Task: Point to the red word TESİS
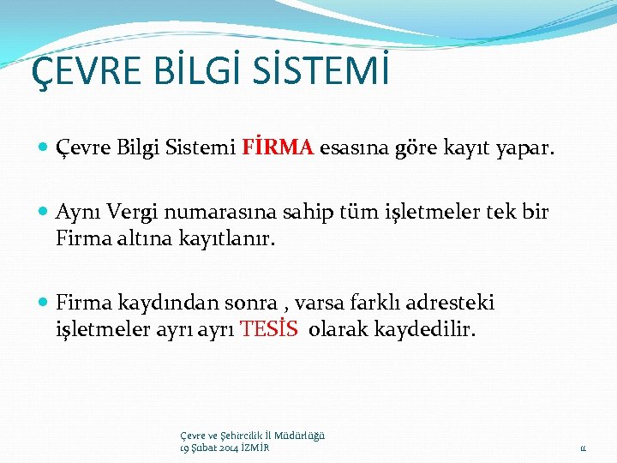[270, 328]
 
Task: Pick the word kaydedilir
[425, 328]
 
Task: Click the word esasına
[351, 149]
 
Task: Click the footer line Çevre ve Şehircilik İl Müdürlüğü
[252, 436]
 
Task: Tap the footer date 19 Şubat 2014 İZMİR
[225, 448]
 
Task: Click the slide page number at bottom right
[581, 448]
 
